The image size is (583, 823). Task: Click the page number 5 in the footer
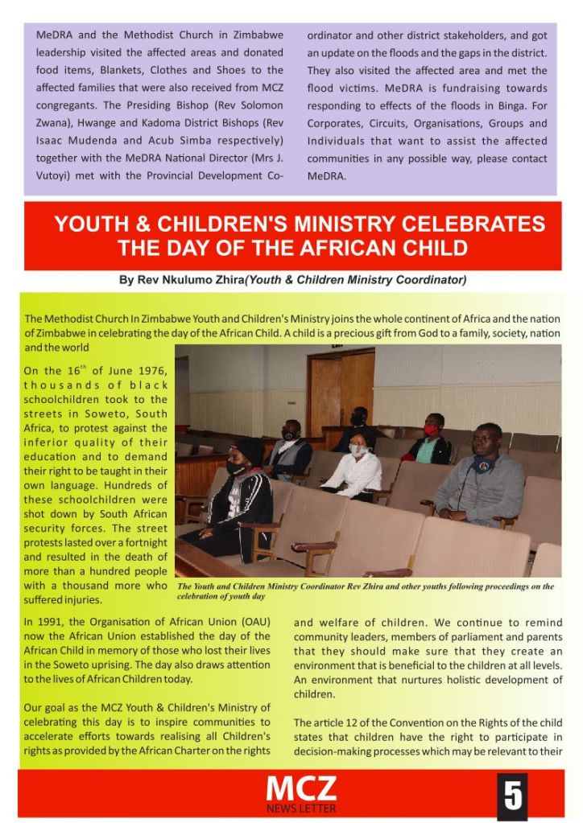(x=511, y=795)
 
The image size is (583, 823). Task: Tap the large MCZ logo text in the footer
(x=301, y=789)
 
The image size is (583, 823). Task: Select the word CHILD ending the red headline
(x=440, y=247)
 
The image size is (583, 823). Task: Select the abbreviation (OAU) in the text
(x=257, y=622)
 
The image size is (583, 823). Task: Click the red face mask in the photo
(x=432, y=430)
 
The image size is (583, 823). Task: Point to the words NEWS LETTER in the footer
(x=301, y=808)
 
